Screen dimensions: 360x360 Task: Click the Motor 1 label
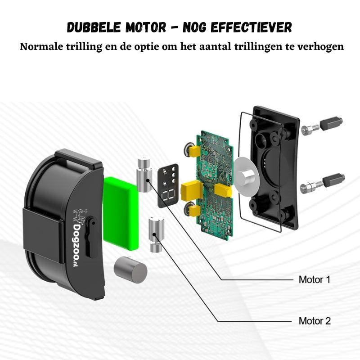pyautogui.click(x=314, y=279)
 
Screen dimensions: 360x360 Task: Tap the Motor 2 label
pyautogui.click(x=315, y=321)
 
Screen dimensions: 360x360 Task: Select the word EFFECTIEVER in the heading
pyautogui.click(x=251, y=27)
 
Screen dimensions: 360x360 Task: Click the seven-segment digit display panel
pyautogui.click(x=168, y=185)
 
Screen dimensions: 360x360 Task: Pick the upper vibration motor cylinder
pyautogui.click(x=144, y=175)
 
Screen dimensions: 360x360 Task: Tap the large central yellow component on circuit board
pyautogui.click(x=192, y=190)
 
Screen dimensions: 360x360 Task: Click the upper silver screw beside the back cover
pyautogui.click(x=310, y=130)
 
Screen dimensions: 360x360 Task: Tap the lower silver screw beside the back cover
pyautogui.click(x=311, y=186)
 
